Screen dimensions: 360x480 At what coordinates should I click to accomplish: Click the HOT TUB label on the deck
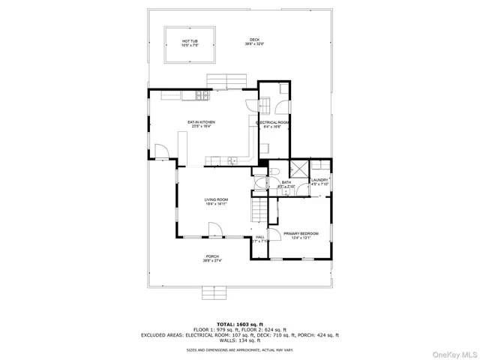click(190, 43)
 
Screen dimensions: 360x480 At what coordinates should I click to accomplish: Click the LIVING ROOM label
click(216, 201)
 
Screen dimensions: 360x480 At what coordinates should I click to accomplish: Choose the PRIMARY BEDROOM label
click(301, 235)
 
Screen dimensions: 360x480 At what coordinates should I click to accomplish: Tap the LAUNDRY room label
click(320, 181)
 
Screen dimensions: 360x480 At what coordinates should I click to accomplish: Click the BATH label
click(286, 184)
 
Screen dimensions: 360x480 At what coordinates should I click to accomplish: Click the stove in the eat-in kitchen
click(201, 95)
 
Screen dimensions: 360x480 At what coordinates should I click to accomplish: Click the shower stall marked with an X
click(299, 169)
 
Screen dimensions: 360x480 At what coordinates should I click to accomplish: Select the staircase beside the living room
click(259, 211)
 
